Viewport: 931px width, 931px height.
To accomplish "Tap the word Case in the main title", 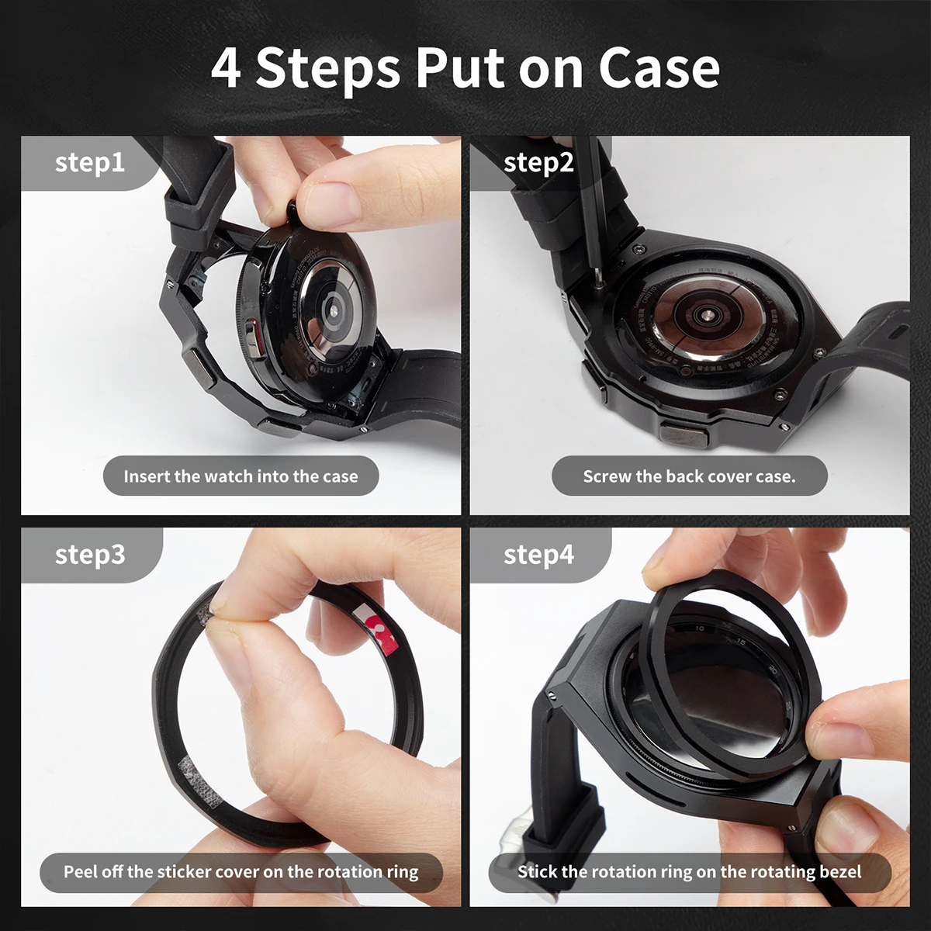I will click(x=659, y=68).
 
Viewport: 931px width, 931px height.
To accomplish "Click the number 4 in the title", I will click(x=226, y=68).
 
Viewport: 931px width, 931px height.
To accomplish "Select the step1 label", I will click(x=89, y=163).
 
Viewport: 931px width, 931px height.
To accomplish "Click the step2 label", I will click(x=538, y=163).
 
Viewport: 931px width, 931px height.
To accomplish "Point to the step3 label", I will click(x=89, y=555).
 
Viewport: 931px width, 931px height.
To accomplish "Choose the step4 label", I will click(x=538, y=555).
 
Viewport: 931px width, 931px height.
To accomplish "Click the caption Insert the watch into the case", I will click(x=241, y=476).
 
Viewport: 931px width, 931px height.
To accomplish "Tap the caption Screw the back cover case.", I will click(x=689, y=476).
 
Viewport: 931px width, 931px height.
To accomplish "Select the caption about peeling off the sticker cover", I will click(x=241, y=872).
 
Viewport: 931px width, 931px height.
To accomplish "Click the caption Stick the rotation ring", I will click(x=689, y=872).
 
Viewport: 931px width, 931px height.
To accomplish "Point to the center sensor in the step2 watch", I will click(x=707, y=316).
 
